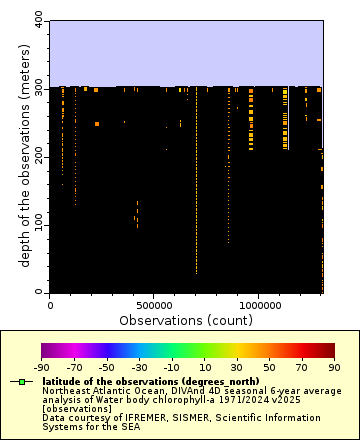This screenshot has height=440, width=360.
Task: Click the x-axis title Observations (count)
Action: click(x=186, y=320)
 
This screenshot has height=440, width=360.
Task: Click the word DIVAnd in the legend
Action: click(x=170, y=390)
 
